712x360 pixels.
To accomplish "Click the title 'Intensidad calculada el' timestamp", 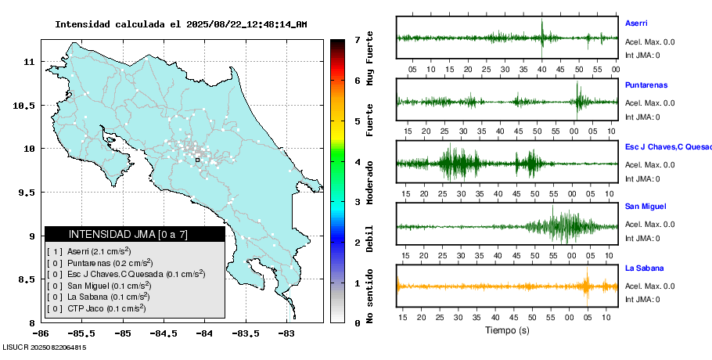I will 181,24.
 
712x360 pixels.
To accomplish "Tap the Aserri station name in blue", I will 636,23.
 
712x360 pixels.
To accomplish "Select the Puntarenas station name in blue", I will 645,85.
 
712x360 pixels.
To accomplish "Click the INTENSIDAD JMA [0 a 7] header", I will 135,234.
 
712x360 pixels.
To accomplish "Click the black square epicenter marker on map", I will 198,160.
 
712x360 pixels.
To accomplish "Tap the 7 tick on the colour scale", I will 357,39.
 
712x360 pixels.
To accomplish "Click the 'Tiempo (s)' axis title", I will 507,330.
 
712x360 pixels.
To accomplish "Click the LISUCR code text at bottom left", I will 44,347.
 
